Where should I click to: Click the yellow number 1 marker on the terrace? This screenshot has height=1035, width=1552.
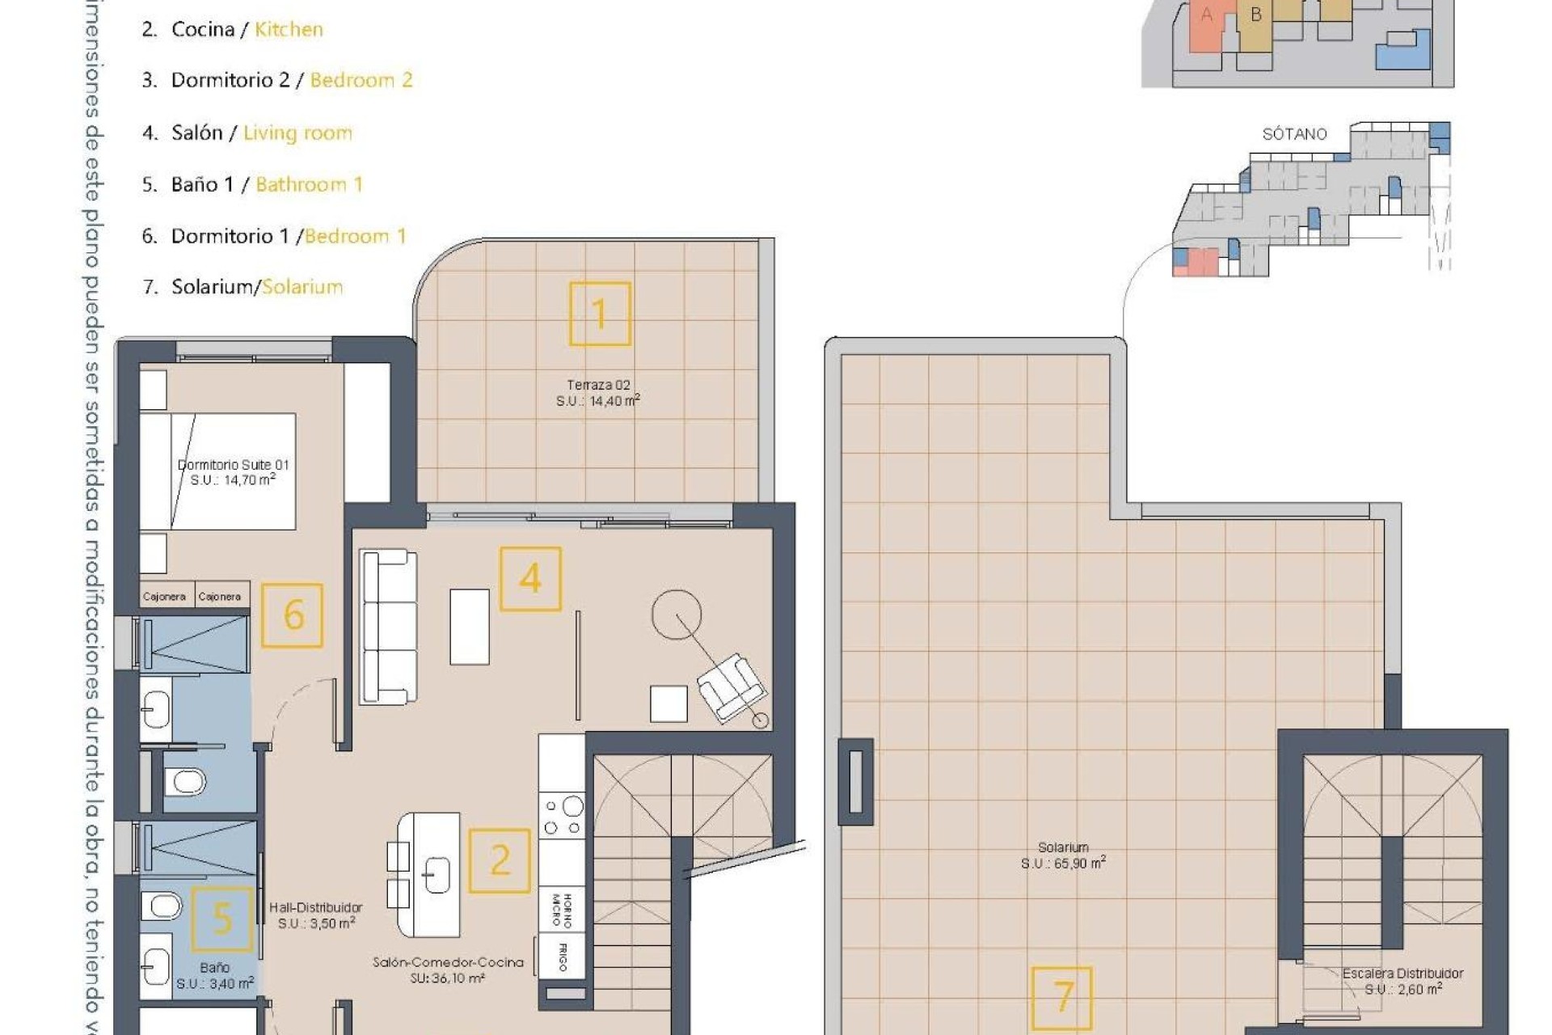click(600, 314)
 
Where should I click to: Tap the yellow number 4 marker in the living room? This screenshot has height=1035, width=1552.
click(530, 579)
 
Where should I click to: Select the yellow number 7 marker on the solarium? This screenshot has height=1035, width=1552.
click(1062, 998)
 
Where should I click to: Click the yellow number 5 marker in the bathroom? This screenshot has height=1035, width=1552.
click(221, 919)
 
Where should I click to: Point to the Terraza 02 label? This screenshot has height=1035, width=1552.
click(598, 386)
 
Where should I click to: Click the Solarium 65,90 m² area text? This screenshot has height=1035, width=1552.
click(1062, 855)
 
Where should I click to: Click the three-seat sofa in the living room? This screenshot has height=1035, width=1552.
click(388, 627)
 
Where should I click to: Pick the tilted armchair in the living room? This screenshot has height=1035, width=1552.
click(732, 687)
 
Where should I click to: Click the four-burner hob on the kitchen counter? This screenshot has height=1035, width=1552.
click(563, 816)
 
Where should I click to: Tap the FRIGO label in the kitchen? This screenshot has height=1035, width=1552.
click(563, 957)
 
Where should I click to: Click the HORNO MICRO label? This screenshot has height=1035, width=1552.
click(562, 910)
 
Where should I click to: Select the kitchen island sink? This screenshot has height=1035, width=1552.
click(436, 875)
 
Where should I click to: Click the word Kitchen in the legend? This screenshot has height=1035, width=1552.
click(289, 29)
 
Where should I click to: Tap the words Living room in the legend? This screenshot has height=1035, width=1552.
click(297, 133)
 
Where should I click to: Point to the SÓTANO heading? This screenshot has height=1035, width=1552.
click(1294, 134)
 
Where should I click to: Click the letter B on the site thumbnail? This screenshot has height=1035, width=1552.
click(1255, 15)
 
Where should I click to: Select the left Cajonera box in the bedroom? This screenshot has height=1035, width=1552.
click(164, 596)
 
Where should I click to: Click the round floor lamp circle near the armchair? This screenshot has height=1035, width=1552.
click(677, 615)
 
